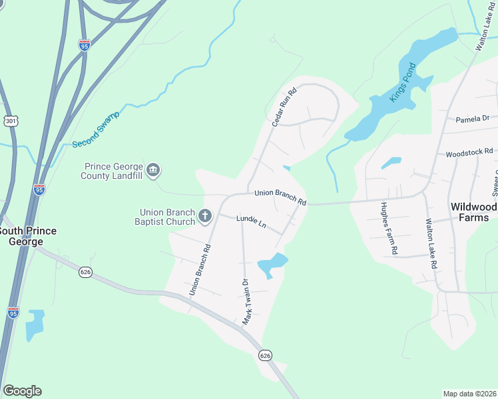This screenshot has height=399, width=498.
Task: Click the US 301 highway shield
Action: (11, 121)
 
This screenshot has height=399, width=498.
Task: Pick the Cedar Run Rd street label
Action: (283, 108)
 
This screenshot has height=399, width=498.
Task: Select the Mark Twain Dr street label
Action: (247, 301)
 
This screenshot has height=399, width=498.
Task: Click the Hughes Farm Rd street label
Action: (389, 229)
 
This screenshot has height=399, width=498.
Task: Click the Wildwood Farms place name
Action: (473, 211)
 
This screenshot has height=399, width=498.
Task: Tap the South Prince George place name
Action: (27, 235)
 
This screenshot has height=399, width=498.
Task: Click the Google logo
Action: (22, 391)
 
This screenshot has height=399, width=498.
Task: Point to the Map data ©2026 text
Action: (469, 393)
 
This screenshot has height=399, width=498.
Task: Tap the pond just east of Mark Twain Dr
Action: (272, 265)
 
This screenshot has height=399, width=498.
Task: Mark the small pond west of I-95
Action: (35, 325)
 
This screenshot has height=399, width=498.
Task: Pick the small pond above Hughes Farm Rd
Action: (391, 162)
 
